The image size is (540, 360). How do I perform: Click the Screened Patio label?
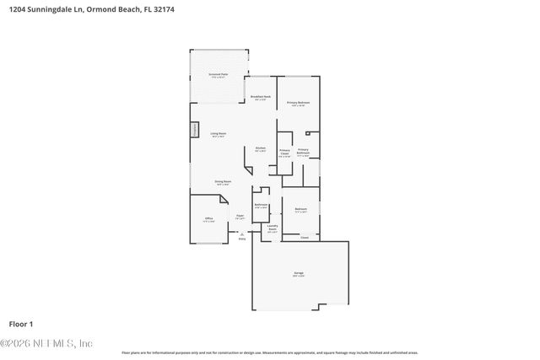(219, 75)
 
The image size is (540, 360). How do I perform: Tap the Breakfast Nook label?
(261, 98)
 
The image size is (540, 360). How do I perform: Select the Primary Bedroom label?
(299, 103)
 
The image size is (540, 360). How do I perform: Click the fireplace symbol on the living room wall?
(193, 132)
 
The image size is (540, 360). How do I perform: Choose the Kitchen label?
(261, 149)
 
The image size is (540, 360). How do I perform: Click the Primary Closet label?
(284, 153)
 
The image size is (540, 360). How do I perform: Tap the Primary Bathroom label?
(303, 153)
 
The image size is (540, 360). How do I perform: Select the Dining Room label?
(223, 182)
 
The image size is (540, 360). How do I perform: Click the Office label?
(208, 219)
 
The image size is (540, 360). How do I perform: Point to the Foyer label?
(240, 217)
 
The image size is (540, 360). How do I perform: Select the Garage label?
(299, 274)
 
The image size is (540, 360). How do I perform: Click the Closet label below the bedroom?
(305, 238)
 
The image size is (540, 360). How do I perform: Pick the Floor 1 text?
(20, 323)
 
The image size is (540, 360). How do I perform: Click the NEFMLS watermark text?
(46, 343)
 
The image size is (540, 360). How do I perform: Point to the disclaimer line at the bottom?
(269, 352)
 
